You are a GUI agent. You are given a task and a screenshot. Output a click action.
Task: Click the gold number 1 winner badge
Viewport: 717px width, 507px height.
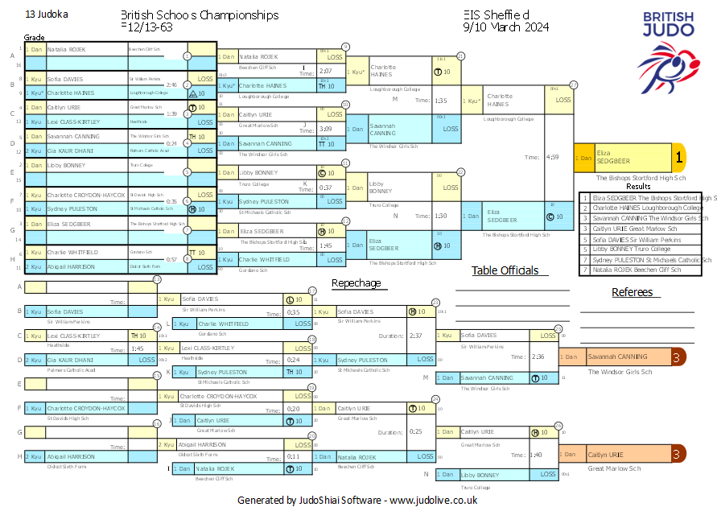click(x=678, y=158)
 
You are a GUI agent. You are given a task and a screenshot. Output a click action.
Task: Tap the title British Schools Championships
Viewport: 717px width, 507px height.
click(x=200, y=15)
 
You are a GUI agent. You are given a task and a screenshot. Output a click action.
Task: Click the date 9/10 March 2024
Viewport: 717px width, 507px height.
click(x=506, y=27)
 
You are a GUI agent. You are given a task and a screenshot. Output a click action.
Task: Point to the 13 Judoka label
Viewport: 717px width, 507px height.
click(x=47, y=14)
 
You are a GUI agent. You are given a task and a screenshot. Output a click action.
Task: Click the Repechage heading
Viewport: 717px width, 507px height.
click(x=356, y=282)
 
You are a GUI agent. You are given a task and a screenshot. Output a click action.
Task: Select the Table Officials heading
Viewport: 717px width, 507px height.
click(x=505, y=270)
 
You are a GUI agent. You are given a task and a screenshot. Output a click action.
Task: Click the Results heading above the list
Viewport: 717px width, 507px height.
click(x=638, y=187)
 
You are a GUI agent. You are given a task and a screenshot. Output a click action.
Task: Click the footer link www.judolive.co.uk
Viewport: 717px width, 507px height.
click(x=434, y=500)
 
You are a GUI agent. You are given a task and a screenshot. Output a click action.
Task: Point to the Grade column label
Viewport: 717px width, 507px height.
click(x=34, y=37)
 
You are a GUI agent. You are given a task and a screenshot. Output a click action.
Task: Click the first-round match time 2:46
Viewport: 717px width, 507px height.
click(x=171, y=84)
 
